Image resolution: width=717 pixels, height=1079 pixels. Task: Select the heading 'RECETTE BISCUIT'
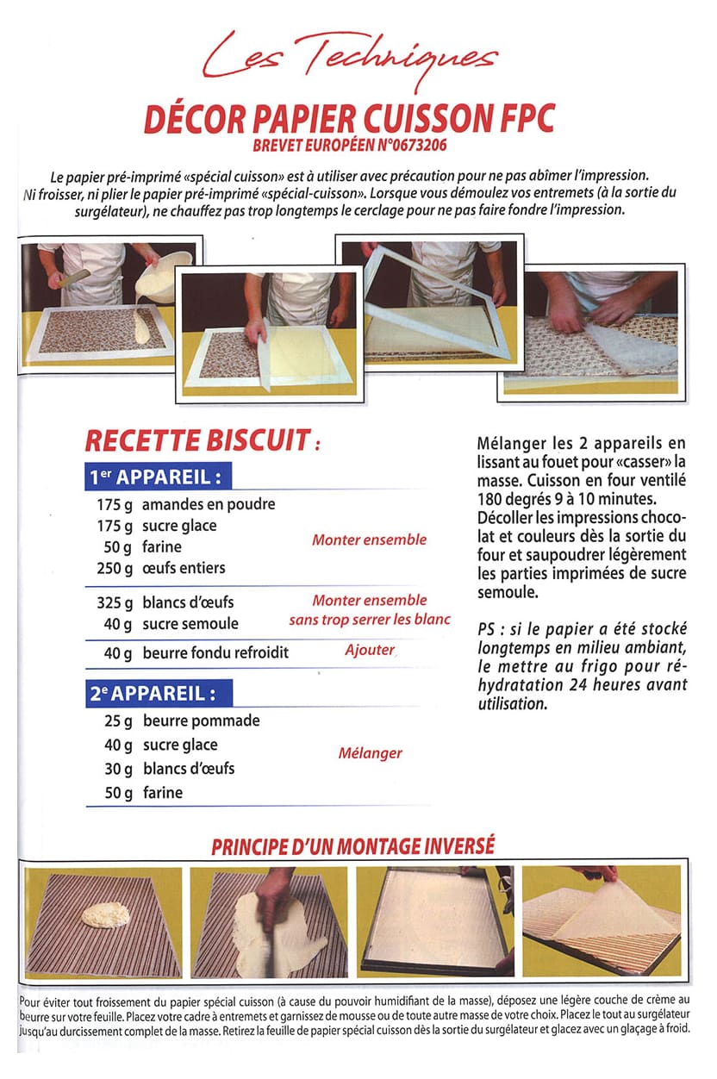pyautogui.click(x=196, y=441)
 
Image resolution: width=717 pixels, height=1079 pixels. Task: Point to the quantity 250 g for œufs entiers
pyautogui.click(x=114, y=568)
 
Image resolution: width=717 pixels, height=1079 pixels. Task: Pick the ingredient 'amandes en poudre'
pyautogui.click(x=208, y=504)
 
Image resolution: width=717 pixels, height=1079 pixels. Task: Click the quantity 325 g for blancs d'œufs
pyautogui.click(x=114, y=602)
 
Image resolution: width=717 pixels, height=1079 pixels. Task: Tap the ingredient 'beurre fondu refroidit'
pyautogui.click(x=215, y=653)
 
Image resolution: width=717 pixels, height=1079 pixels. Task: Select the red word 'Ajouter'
pyautogui.click(x=369, y=651)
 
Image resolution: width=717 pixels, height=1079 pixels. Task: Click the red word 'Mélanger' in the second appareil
pyautogui.click(x=369, y=753)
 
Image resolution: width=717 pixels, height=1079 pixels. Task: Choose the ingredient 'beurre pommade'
pyautogui.click(x=201, y=720)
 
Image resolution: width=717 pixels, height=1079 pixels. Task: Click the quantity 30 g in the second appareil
pyautogui.click(x=118, y=768)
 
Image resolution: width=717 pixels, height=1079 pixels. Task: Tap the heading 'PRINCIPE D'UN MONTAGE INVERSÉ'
pyautogui.click(x=352, y=845)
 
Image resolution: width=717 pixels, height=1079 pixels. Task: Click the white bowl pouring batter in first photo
pyautogui.click(x=169, y=274)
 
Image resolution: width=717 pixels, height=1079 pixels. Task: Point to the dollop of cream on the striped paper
pyautogui.click(x=101, y=916)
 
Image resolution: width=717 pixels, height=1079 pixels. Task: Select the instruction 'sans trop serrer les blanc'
pyautogui.click(x=369, y=620)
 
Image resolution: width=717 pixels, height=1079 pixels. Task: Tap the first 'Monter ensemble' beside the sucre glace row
pyautogui.click(x=369, y=540)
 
